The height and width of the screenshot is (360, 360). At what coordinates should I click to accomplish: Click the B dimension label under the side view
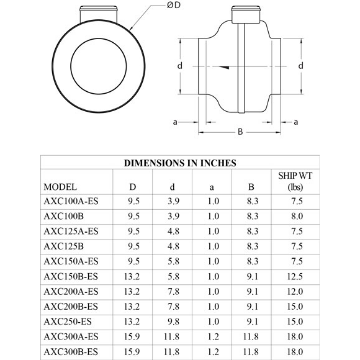tap(240, 132)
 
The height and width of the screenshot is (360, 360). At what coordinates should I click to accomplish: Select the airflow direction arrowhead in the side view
tap(225, 67)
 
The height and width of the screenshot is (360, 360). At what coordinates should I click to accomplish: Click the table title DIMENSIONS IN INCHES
tap(180, 163)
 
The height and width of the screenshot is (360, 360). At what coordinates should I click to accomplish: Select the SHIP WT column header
tap(295, 181)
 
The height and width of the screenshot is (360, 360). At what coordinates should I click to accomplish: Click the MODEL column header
tap(60, 186)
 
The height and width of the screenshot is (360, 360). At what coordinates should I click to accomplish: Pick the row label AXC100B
tap(64, 216)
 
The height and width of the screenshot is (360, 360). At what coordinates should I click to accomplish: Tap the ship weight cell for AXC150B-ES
tap(295, 276)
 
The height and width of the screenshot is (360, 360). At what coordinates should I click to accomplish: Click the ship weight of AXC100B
tap(295, 216)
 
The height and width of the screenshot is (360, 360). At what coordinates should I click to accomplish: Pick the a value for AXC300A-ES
tap(213, 336)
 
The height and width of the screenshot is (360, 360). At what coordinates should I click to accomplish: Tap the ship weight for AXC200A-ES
tap(295, 291)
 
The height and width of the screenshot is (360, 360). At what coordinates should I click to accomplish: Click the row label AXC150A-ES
tap(71, 261)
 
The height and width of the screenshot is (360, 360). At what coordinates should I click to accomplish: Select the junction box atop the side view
tap(246, 13)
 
